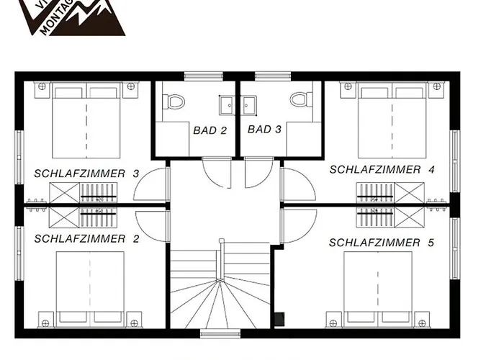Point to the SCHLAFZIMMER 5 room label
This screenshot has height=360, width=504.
382,243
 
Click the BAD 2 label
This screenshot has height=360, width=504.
210,130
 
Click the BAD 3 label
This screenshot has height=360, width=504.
264,130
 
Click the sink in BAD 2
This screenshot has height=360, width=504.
227,105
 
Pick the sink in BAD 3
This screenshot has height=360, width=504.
249,105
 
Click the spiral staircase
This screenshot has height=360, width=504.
220,288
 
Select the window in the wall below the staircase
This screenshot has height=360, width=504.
220,333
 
